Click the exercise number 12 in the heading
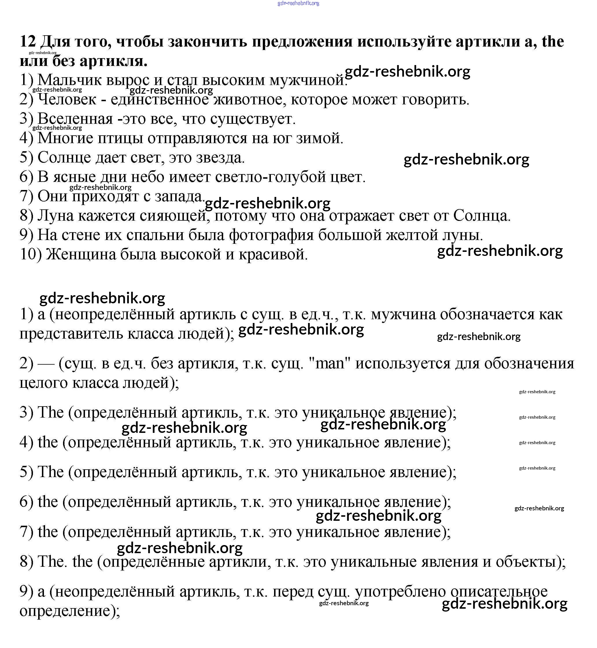coord(27,42)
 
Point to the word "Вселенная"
coord(75,119)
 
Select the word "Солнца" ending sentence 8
coord(481,215)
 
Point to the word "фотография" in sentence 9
coord(271,235)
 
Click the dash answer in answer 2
coord(46,364)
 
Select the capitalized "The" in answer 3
coord(50,413)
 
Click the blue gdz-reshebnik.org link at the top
coord(298,3)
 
